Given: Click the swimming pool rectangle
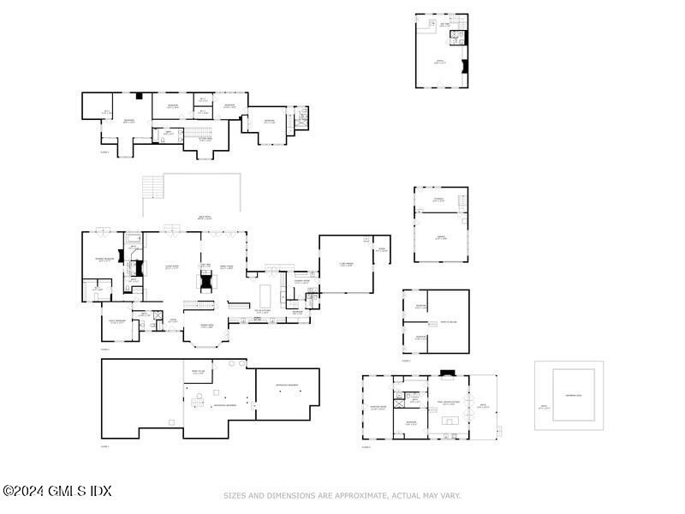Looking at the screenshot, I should coord(574,395).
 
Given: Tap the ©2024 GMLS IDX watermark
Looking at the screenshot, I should coord(57,491).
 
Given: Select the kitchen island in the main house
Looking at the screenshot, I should coord(265,296).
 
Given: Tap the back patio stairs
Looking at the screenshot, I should coord(152,185).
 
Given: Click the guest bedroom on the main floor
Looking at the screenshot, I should coord(117,322).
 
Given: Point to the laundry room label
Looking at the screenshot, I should coord(301,282).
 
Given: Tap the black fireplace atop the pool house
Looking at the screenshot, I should coord(445,373).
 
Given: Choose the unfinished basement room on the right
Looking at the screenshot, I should coord(287,394).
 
